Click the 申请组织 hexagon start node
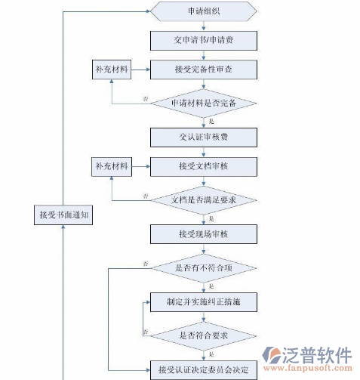[x=204, y=12]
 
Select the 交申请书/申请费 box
[x=204, y=39]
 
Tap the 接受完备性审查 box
[x=204, y=71]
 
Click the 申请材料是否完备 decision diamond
[x=204, y=103]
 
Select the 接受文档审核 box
[x=204, y=165]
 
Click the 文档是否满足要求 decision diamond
[x=204, y=199]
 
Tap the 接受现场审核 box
[x=204, y=234]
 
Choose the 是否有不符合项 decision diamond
[x=204, y=268]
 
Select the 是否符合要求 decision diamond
[x=204, y=335]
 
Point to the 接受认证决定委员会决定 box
[x=204, y=369]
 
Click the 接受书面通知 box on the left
[x=65, y=215]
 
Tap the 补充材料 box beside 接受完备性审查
[x=111, y=71]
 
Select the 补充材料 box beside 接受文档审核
[x=111, y=165]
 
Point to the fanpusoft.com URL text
[x=315, y=370]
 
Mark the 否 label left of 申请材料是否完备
[x=145, y=99]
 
